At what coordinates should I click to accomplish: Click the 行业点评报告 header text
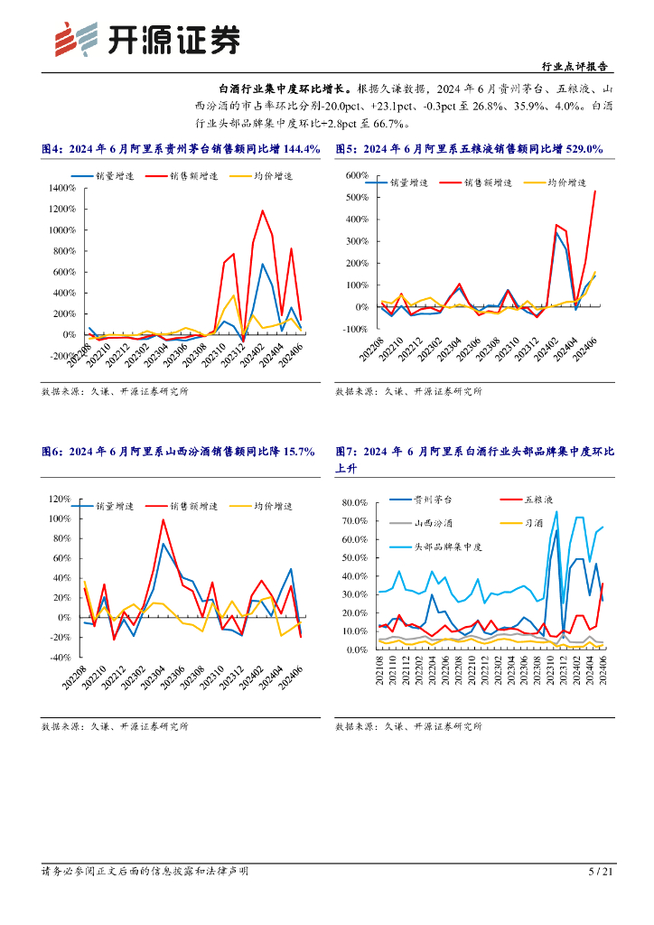pyautogui.click(x=574, y=67)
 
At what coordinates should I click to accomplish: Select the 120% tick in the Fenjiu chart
pyautogui.click(x=60, y=499)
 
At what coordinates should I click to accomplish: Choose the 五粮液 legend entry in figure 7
pyautogui.click(x=540, y=499)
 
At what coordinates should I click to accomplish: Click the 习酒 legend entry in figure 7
pyautogui.click(x=534, y=522)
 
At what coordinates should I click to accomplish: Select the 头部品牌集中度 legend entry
pyautogui.click(x=448, y=547)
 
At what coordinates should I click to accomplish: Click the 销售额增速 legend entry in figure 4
pyautogui.click(x=188, y=176)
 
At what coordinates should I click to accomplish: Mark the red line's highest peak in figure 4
pyautogui.click(x=263, y=211)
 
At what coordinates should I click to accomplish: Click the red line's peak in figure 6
pyautogui.click(x=163, y=519)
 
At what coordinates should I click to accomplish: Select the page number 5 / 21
pyautogui.click(x=601, y=872)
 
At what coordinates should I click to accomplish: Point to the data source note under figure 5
pyautogui.click(x=409, y=392)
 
